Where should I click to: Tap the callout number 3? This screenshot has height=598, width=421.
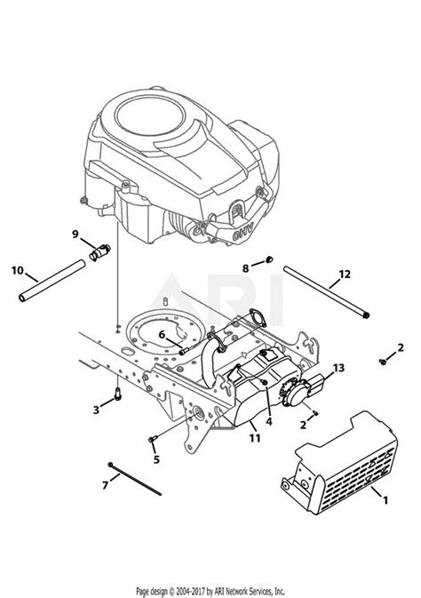click(x=96, y=409)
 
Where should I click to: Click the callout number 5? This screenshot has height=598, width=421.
click(x=157, y=459)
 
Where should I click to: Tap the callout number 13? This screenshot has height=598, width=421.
click(x=338, y=368)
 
